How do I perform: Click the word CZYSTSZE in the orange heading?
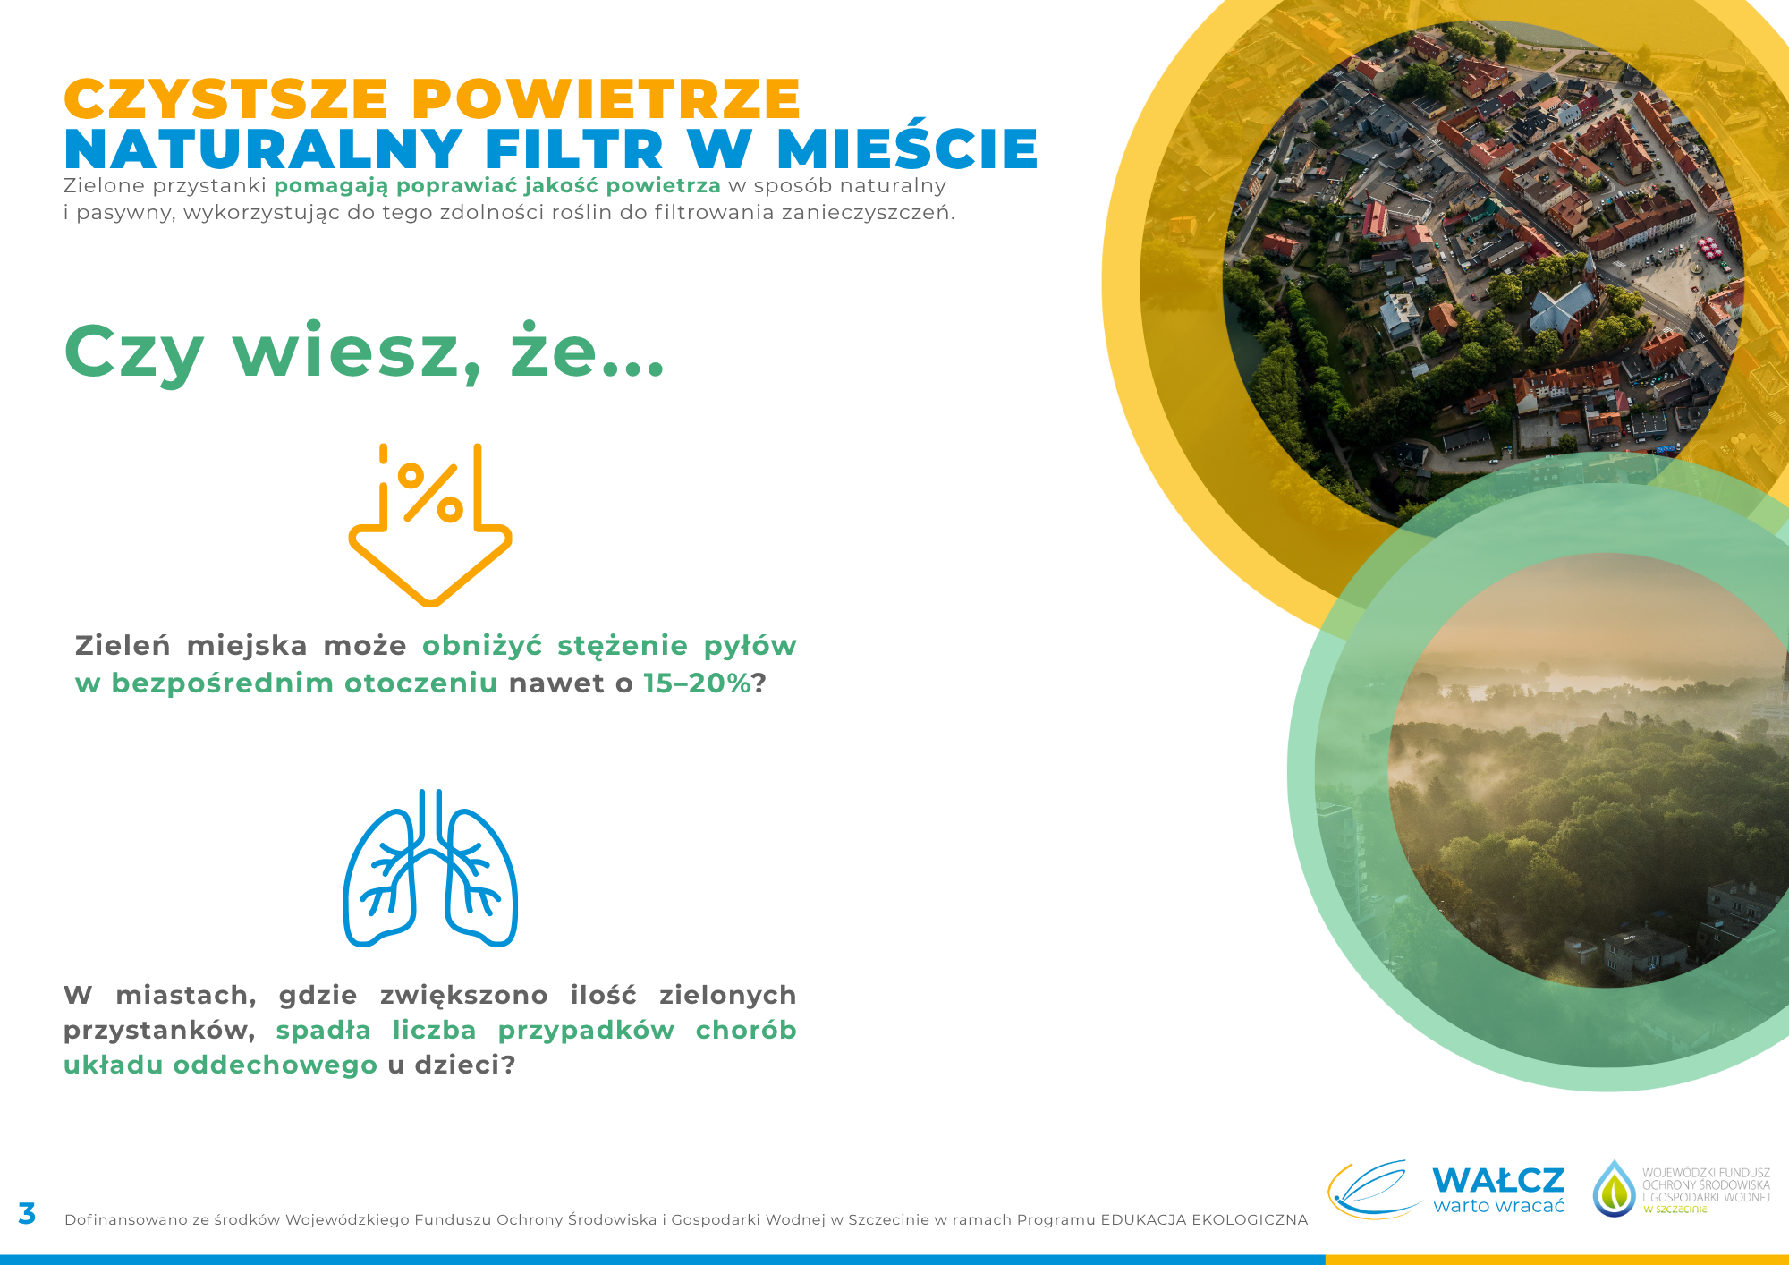[x=226, y=98]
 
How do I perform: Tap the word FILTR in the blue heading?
[x=574, y=149]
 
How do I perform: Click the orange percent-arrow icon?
[x=430, y=524]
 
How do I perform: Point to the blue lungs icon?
[x=430, y=867]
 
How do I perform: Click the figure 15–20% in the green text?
[x=697, y=683]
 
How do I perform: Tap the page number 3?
[x=27, y=1214]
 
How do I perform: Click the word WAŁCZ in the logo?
[x=1498, y=1181]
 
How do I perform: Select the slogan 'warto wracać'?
[x=1498, y=1206]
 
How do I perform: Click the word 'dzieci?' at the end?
[x=465, y=1065]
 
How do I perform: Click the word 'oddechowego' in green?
[x=276, y=1065]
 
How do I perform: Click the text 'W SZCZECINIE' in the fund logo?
[x=1675, y=1210]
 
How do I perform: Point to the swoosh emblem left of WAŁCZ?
[x=1375, y=1189]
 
